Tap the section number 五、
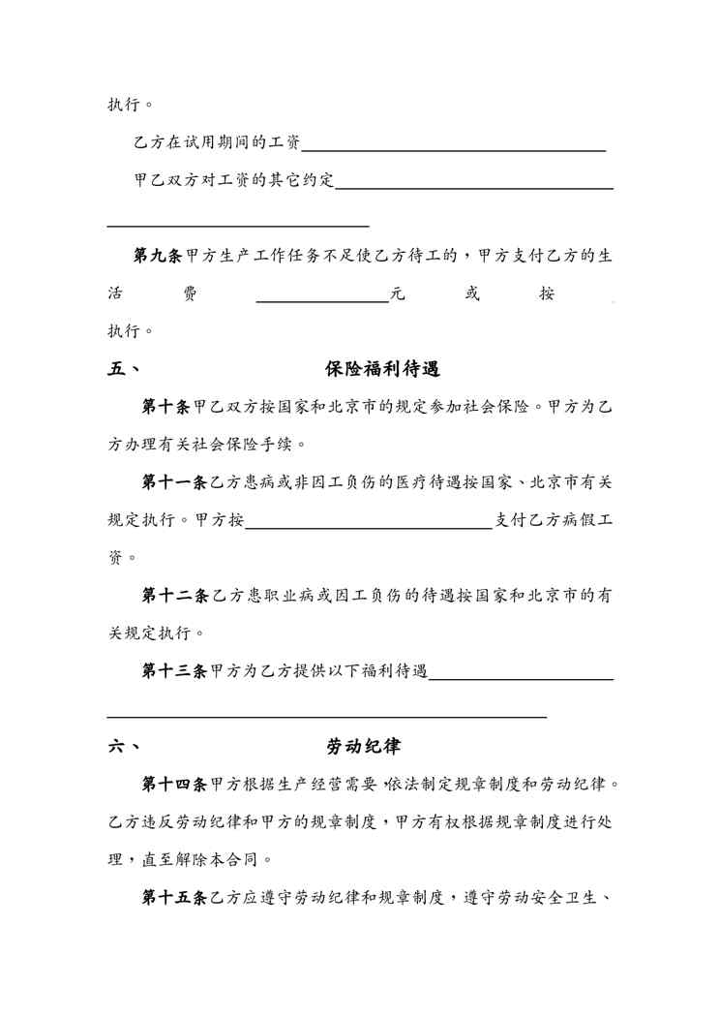click(124, 369)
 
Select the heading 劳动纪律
click(364, 747)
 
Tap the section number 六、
click(124, 747)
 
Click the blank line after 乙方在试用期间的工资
click(454, 149)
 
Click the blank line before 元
click(322, 300)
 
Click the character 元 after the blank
click(397, 294)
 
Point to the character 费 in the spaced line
click(190, 294)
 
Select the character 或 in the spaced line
click(472, 294)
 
